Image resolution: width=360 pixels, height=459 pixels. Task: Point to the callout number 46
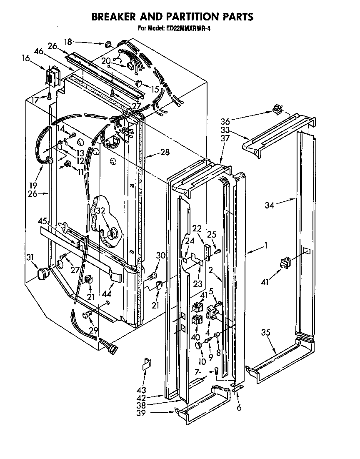(x=39, y=52)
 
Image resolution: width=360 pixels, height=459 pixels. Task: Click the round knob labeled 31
(x=42, y=273)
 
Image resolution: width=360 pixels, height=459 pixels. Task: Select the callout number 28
(x=165, y=152)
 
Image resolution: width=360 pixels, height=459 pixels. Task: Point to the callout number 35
(x=266, y=333)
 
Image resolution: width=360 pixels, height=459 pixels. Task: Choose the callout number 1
(x=265, y=246)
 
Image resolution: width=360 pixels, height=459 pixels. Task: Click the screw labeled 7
(x=217, y=372)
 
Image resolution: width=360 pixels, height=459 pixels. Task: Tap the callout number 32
(x=100, y=211)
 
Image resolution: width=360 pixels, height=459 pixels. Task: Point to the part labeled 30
(x=153, y=276)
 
